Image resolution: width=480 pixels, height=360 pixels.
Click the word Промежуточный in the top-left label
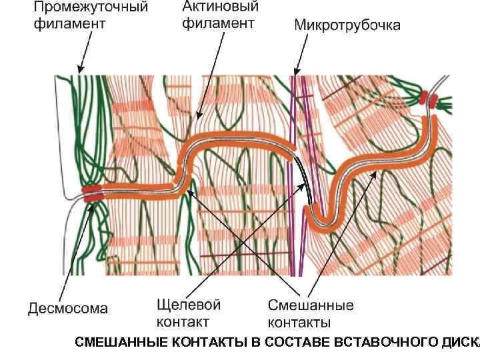91,9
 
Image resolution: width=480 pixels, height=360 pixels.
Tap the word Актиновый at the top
220,7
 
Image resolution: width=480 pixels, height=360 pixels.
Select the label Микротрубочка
347,26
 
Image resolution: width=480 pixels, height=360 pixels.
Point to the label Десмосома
67,309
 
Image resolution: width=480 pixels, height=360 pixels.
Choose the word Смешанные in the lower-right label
311,306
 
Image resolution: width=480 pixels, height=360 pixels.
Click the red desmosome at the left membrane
93,193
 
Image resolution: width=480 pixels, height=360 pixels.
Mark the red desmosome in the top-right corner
428,100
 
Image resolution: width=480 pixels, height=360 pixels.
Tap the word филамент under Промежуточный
69,25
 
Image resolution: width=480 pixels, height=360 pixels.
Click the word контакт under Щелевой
183,322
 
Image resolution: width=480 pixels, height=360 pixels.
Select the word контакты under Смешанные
300,323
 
